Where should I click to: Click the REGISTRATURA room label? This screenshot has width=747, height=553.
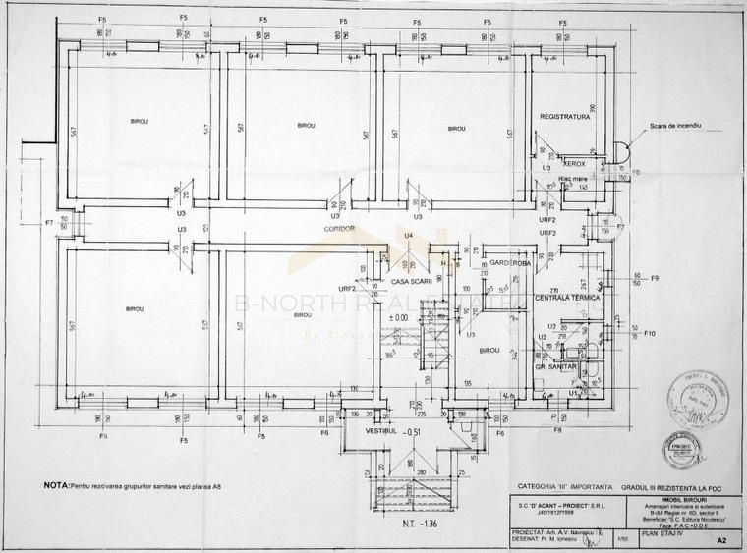(563, 116)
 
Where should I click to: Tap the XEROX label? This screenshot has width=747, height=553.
(574, 164)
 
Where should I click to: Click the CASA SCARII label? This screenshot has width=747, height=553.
(412, 282)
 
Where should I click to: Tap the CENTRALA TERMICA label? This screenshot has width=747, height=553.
(567, 297)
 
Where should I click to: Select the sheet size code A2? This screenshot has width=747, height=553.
(722, 539)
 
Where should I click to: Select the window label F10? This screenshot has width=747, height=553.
(650, 334)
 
